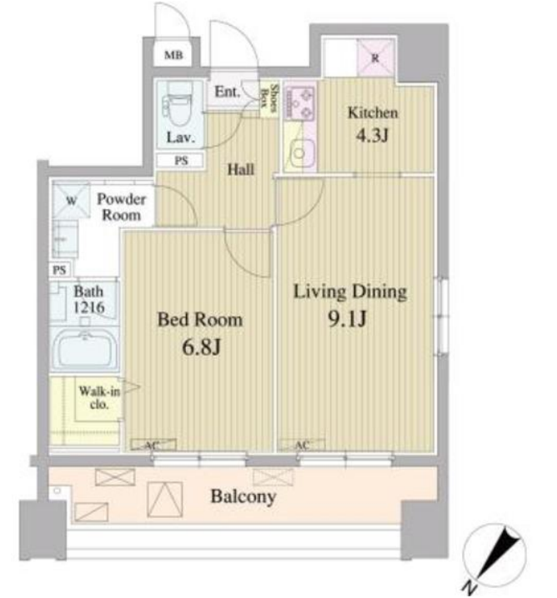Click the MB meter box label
[x=173, y=55]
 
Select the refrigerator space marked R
[x=375, y=58]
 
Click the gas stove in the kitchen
[x=300, y=102]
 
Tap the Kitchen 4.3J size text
[x=372, y=136]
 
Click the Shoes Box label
[x=269, y=98]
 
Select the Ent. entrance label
[x=228, y=92]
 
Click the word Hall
[x=240, y=169]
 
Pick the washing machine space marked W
[x=72, y=200]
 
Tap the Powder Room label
[x=122, y=207]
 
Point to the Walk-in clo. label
[x=99, y=397]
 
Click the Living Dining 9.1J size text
[x=348, y=319]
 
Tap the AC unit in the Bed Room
[x=153, y=445]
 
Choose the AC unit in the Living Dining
[x=302, y=445]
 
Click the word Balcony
[x=243, y=496]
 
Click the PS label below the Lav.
[x=181, y=161]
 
